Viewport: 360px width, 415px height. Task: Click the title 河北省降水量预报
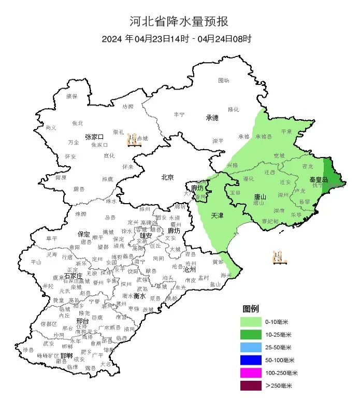tap(179, 22)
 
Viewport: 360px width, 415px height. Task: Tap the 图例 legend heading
tap(252, 309)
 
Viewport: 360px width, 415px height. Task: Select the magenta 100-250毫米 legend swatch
tap(252, 373)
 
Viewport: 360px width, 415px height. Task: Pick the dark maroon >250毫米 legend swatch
tap(252, 385)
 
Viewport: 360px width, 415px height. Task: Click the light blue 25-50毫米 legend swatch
tap(252, 347)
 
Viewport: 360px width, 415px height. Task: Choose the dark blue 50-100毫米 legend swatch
tap(252, 360)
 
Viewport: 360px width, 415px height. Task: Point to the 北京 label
tap(167, 178)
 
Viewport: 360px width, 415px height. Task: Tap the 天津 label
tap(218, 215)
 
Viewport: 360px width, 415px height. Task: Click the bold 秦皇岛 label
tap(318, 179)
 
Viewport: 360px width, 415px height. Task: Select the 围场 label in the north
tap(224, 81)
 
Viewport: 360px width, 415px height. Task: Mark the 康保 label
tap(71, 96)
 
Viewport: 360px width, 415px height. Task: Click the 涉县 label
tap(28, 350)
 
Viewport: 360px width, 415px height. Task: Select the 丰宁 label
tap(179, 114)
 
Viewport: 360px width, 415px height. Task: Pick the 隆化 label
tap(234, 109)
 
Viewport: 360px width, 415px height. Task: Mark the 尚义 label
tap(51, 127)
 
